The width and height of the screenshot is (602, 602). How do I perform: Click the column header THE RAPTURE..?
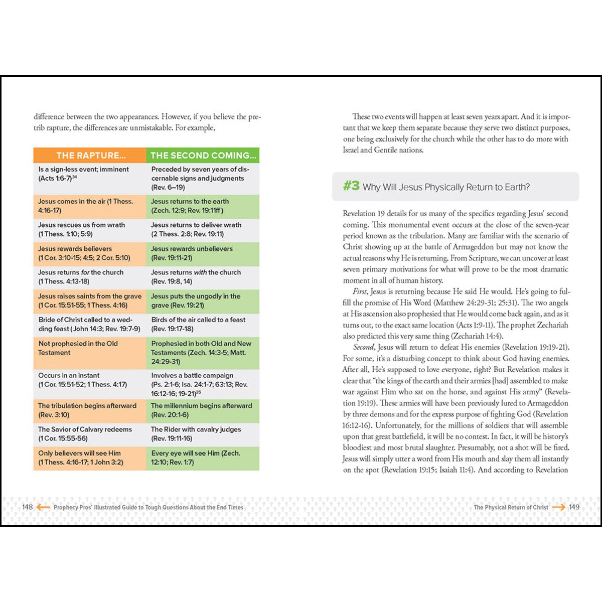pyautogui.click(x=90, y=156)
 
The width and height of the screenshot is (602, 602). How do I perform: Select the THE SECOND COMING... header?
pyautogui.click(x=203, y=156)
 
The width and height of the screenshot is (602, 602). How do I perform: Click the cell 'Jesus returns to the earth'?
pyautogui.click(x=203, y=206)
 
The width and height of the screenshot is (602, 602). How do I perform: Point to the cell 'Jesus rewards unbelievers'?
pyautogui.click(x=203, y=253)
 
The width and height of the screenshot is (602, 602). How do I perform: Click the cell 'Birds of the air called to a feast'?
pyautogui.click(x=203, y=324)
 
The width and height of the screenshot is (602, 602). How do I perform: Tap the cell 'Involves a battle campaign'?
pyautogui.click(x=203, y=384)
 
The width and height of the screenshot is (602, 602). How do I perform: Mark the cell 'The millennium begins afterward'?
pyautogui.click(x=203, y=410)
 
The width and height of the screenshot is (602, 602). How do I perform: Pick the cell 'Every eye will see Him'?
pyautogui.click(x=203, y=458)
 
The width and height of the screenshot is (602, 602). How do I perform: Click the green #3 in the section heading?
pyautogui.click(x=351, y=186)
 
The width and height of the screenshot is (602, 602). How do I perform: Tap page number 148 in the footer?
pyautogui.click(x=27, y=507)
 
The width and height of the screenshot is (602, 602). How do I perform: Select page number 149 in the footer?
pyautogui.click(x=574, y=507)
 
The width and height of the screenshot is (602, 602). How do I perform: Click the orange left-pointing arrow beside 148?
pyautogui.click(x=44, y=507)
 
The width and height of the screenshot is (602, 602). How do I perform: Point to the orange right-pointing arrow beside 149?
pyautogui.click(x=558, y=507)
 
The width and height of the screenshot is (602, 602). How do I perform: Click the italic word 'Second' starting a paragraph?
pyautogui.click(x=363, y=347)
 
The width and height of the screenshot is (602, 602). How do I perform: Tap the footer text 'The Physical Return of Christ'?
pyautogui.click(x=511, y=507)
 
